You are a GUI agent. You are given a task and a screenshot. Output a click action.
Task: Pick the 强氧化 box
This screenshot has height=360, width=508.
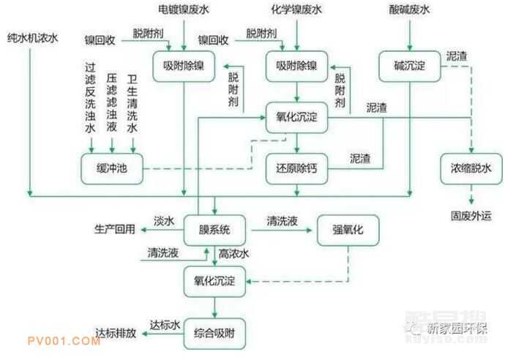(346, 230)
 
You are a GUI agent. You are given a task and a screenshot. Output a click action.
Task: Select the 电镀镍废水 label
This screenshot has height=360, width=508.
(183, 11)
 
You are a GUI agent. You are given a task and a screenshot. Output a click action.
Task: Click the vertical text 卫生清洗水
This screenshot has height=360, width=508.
(132, 102)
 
